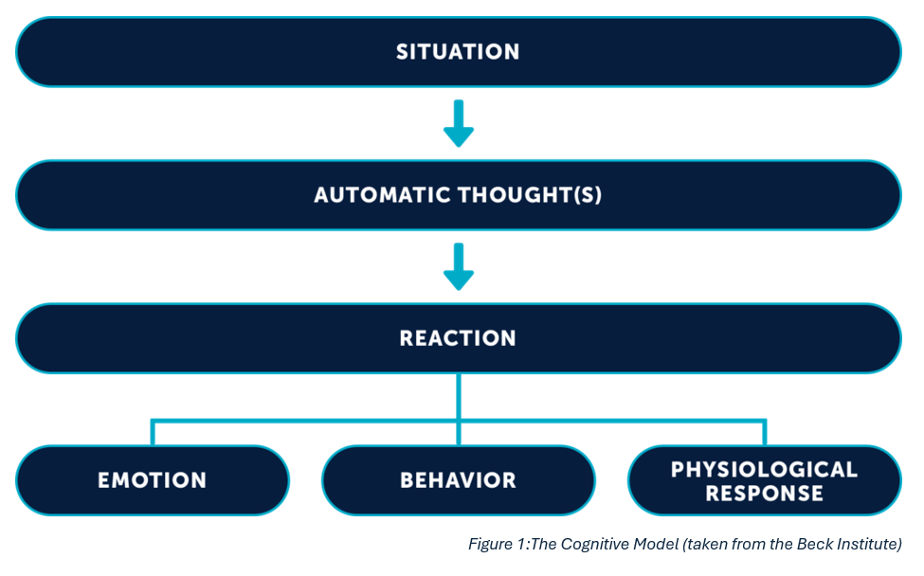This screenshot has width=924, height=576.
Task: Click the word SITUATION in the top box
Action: click(458, 52)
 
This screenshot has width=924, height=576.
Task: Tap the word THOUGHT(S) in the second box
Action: click(530, 195)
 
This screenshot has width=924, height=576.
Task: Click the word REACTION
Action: click(458, 338)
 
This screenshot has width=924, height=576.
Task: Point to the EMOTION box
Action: click(153, 480)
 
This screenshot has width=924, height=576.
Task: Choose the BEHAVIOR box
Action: click(459, 480)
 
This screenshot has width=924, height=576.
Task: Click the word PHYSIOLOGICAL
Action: click(764, 469)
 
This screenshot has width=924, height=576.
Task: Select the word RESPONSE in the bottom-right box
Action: click(764, 493)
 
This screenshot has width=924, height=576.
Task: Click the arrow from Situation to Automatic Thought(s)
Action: click(459, 123)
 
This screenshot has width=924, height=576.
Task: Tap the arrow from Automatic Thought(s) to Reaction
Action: click(459, 266)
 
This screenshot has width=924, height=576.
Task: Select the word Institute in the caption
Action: click(865, 544)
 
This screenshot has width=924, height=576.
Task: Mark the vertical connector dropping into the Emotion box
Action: click(153, 433)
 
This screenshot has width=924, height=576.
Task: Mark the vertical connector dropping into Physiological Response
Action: click(764, 433)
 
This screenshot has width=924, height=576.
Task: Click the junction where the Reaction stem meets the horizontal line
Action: click(459, 421)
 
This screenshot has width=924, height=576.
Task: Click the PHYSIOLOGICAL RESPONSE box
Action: click(764, 480)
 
